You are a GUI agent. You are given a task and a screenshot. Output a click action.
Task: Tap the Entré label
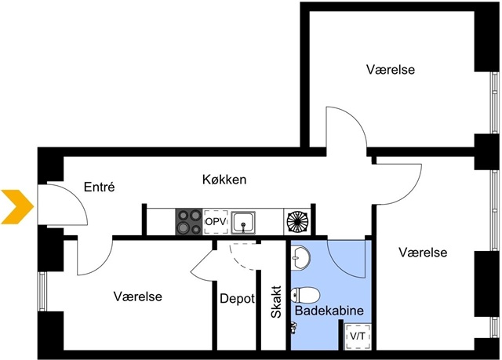pyautogui.click(x=100, y=187)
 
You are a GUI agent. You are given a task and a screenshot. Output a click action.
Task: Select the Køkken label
pyautogui.click(x=224, y=180)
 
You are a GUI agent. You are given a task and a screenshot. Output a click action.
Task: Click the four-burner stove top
pyautogui.click(x=188, y=221)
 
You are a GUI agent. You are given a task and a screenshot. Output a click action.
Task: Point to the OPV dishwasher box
pyautogui.click(x=215, y=222)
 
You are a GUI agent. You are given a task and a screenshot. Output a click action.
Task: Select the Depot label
pyautogui.click(x=236, y=299)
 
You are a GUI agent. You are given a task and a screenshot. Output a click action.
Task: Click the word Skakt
pyautogui.click(x=276, y=303)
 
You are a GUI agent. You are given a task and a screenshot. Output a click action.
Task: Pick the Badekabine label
pyautogui.click(x=329, y=311)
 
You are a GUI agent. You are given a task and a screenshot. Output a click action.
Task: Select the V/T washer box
pyautogui.click(x=358, y=336)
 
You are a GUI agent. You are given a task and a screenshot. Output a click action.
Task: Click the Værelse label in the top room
pyautogui.click(x=390, y=70)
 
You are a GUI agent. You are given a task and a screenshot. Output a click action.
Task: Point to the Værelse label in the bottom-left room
pyautogui.click(x=137, y=296)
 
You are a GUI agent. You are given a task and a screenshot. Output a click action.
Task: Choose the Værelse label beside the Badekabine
pyautogui.click(x=422, y=253)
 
